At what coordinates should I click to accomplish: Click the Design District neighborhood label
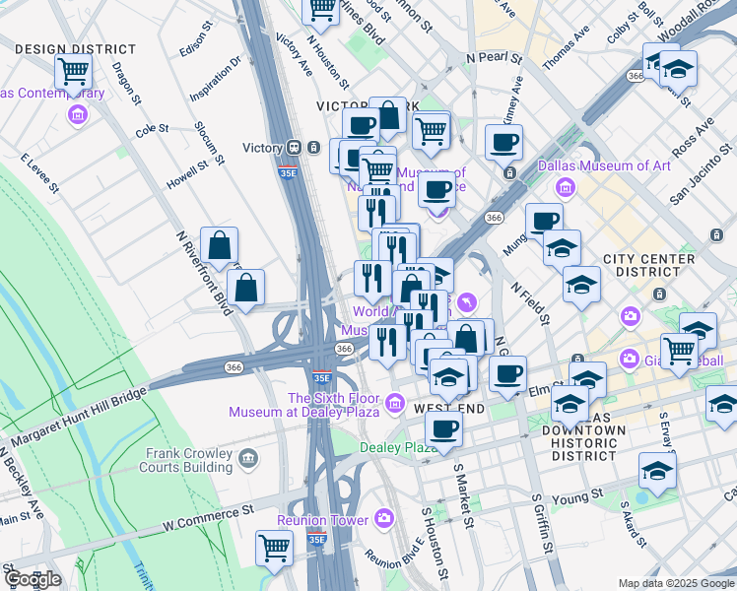76,49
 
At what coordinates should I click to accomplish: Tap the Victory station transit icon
294,148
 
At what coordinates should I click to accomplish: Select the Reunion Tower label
322,519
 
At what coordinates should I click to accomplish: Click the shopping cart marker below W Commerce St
274,547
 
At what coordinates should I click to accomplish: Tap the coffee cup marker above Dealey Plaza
443,427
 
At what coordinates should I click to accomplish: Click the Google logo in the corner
32,579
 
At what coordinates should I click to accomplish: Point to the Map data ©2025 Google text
675,583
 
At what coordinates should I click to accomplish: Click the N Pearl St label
494,57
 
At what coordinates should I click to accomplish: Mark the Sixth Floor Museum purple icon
395,401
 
